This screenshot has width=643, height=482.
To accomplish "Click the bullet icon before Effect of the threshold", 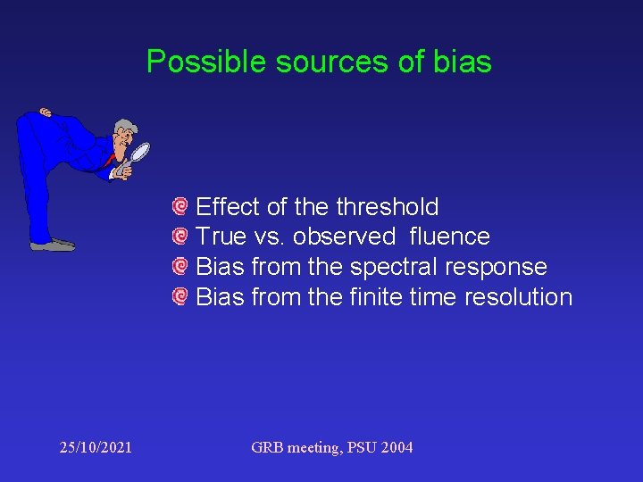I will (x=180, y=207).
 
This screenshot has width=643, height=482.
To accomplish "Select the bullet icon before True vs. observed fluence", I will (x=180, y=237).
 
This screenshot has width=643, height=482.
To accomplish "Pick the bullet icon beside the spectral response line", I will (x=180, y=266).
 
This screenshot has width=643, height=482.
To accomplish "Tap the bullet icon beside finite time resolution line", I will (x=180, y=295).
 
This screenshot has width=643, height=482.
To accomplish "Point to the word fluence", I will (x=450, y=237).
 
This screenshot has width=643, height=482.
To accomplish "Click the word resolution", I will (x=519, y=296).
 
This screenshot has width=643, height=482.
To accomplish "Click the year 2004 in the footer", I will (x=396, y=447).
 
